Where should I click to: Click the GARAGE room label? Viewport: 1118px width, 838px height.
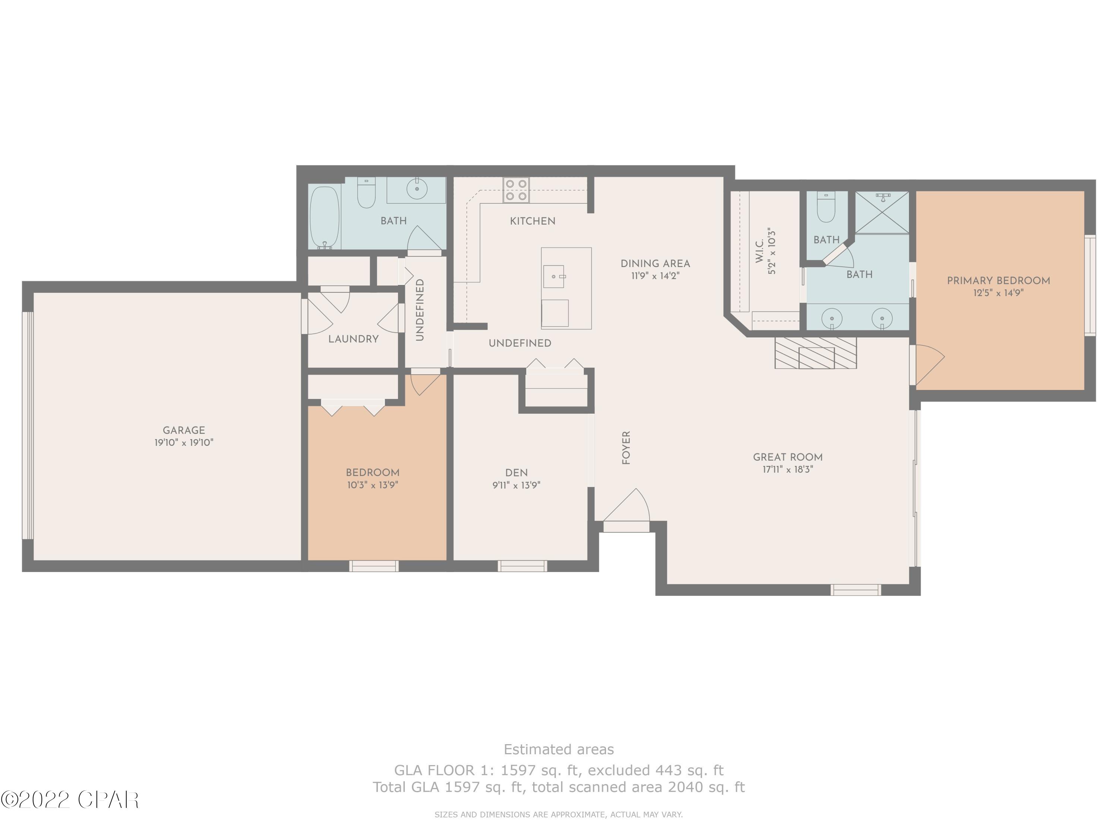tap(183, 431)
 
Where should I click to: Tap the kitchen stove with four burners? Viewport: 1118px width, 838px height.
tap(515, 190)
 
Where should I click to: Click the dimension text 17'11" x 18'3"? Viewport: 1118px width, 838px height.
tap(787, 470)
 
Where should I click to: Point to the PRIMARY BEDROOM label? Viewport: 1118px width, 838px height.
tap(998, 281)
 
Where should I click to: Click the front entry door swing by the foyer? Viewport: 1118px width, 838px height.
tap(627, 506)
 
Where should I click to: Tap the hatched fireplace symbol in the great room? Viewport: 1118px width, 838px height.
tap(815, 353)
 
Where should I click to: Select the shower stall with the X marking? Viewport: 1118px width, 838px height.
tap(881, 212)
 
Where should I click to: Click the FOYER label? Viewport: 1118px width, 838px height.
tap(626, 448)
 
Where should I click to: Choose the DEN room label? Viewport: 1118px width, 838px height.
tap(516, 473)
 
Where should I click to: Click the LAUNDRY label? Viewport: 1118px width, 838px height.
tap(353, 339)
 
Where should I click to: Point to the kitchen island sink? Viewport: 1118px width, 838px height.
tap(554, 277)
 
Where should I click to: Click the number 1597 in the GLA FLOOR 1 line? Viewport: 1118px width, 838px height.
tap(518, 770)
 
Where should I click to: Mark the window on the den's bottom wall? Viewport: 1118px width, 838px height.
tap(522, 566)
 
